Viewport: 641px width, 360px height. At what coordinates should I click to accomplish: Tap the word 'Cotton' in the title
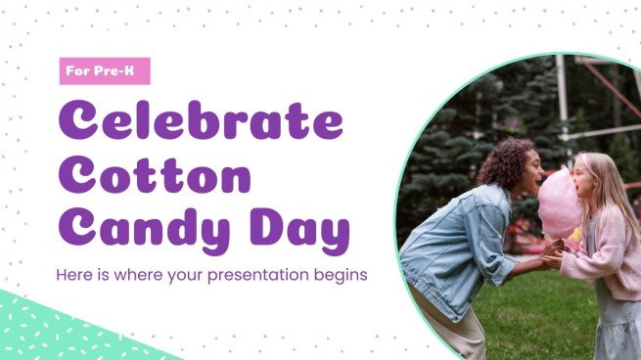pyautogui.click(x=155, y=177)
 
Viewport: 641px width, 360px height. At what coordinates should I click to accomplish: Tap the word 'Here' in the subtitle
pyautogui.click(x=75, y=275)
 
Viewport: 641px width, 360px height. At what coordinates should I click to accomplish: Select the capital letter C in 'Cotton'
pyautogui.click(x=80, y=177)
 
